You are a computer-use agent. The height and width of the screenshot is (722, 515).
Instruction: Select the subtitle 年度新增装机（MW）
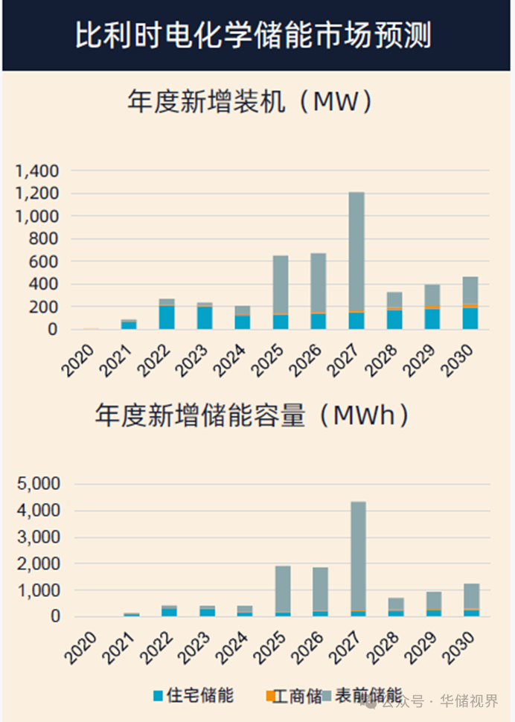click(x=249, y=103)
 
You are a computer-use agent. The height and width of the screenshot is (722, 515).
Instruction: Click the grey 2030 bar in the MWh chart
click(x=470, y=596)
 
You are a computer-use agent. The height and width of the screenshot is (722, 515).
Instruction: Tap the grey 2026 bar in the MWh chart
click(x=320, y=589)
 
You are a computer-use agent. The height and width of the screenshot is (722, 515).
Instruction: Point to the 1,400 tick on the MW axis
click(x=36, y=171)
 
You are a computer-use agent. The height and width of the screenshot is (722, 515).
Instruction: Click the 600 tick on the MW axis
click(x=43, y=262)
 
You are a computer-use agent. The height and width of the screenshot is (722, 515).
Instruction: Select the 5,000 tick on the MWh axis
click(x=36, y=485)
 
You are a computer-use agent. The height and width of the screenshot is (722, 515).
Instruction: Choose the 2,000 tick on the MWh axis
click(x=36, y=564)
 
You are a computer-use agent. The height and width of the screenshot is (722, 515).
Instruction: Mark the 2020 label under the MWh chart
click(x=80, y=647)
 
